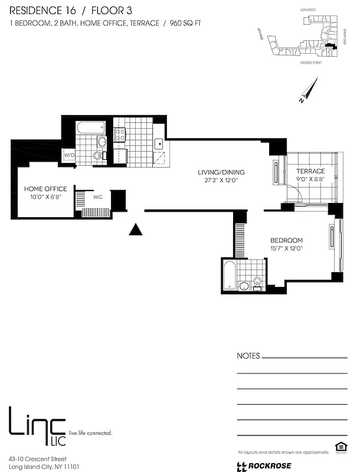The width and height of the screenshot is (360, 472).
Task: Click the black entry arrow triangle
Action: [136, 230]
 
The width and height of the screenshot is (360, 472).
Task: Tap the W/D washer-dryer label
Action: [70, 156]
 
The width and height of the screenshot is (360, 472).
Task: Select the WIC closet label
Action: [98, 197]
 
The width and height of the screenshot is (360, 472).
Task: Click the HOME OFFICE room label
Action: [45, 189]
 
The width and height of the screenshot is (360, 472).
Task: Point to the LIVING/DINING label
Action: [221, 172]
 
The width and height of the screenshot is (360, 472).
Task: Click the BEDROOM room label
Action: [286, 240]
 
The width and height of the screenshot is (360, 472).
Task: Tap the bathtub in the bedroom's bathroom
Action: [228, 276]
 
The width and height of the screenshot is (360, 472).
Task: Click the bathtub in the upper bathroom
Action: [90, 127]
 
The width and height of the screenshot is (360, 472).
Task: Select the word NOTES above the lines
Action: [248, 356]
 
